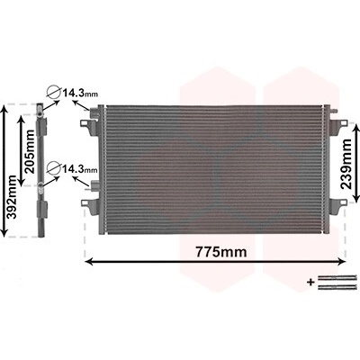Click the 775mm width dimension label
tap(221, 252)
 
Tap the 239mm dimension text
tap(346, 164)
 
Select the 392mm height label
tap(13, 197)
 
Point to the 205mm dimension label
tap(31, 151)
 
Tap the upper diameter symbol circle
tap(54, 91)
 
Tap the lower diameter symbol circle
tap(54, 167)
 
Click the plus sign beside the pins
tap(310, 282)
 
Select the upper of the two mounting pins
tap(337, 278)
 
